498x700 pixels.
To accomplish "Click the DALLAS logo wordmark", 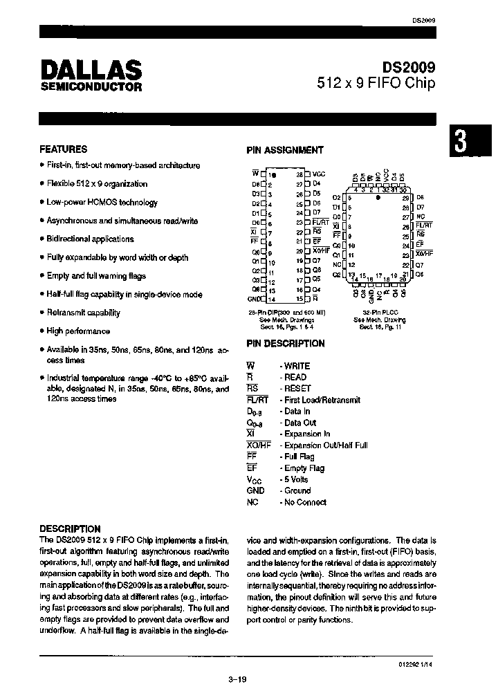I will (91, 70).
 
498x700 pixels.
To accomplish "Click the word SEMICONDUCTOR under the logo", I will (91, 88).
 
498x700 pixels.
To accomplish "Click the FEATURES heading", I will (64, 149).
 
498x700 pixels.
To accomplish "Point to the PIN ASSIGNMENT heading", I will (285, 150).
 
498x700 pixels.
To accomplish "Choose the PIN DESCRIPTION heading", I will (286, 343).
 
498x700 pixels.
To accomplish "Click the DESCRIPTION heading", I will (71, 528).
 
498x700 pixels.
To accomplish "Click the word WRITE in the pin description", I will (297, 366).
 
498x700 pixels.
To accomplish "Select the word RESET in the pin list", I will (297, 389).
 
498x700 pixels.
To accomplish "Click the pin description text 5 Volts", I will (297, 479).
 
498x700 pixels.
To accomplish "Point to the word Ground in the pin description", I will (298, 490).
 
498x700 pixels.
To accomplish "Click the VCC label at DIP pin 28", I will (319, 174).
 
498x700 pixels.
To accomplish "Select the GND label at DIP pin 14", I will (253, 299).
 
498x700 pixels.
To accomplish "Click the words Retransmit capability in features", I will (83, 313).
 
